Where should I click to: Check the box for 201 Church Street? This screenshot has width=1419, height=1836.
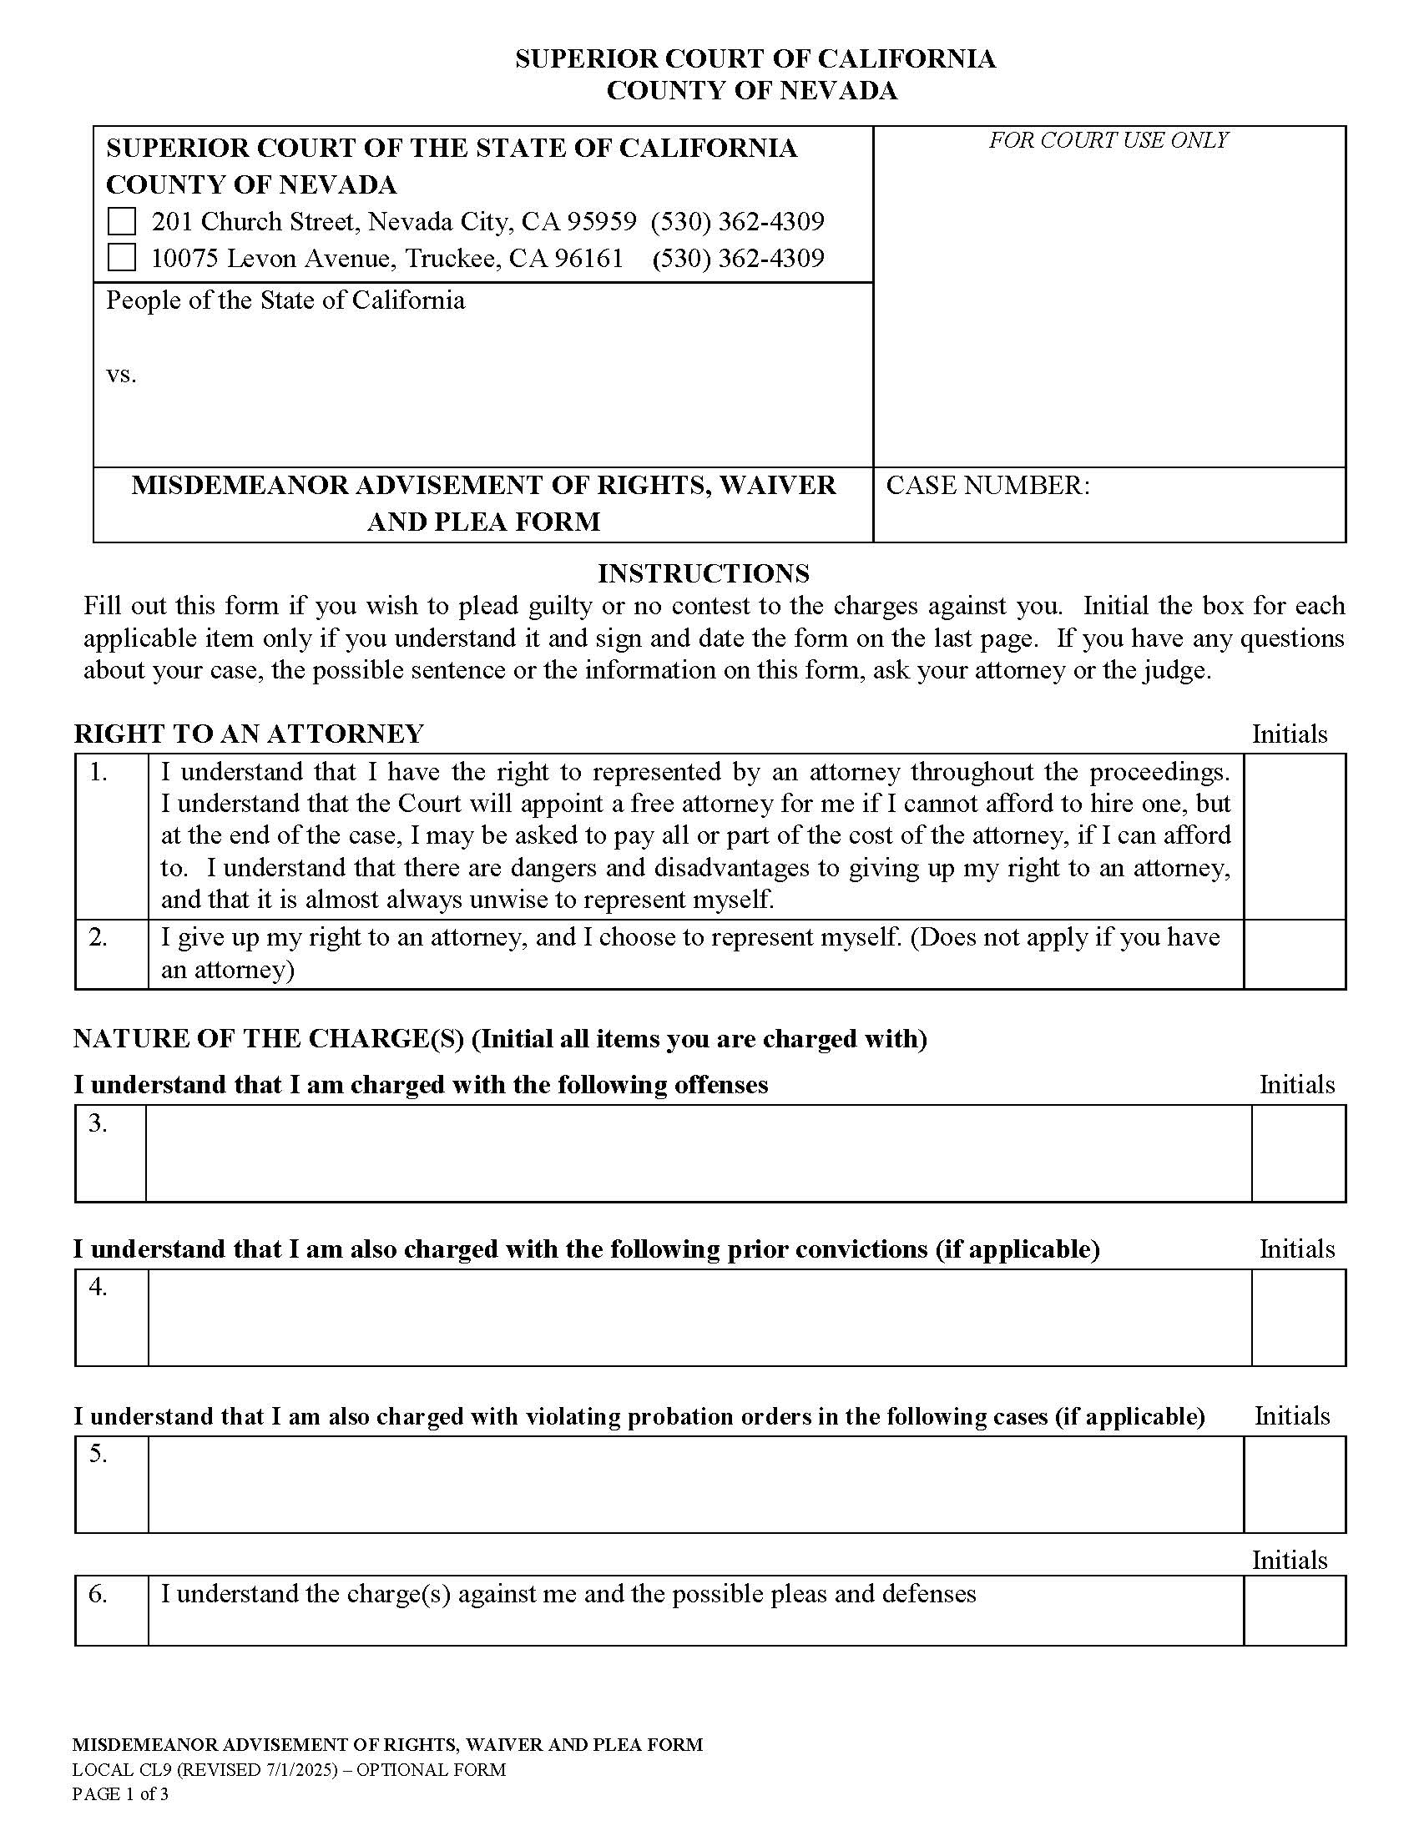pos(122,222)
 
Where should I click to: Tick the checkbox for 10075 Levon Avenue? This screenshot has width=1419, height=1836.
pos(122,258)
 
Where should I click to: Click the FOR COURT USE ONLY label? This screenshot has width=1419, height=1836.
pos(1108,140)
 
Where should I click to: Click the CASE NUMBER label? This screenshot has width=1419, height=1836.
pos(987,486)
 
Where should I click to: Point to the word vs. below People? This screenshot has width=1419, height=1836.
pos(121,375)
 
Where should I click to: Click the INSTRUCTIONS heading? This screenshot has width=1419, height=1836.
pos(704,573)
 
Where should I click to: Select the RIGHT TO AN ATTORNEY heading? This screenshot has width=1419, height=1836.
pos(249,734)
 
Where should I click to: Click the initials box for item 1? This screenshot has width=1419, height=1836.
pos(1294,835)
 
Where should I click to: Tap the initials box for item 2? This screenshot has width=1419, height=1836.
pos(1294,954)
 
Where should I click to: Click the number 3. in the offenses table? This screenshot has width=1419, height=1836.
pos(98,1123)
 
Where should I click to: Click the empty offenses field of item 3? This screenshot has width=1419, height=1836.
pos(698,1153)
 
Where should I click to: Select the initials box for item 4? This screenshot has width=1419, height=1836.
pos(1297,1317)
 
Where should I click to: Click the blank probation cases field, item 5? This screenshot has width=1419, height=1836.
pos(695,1484)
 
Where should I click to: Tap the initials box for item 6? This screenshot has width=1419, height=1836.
pos(1294,1610)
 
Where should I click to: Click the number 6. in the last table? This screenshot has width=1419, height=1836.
pos(98,1594)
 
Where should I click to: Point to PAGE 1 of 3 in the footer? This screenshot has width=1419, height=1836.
pos(120,1794)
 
